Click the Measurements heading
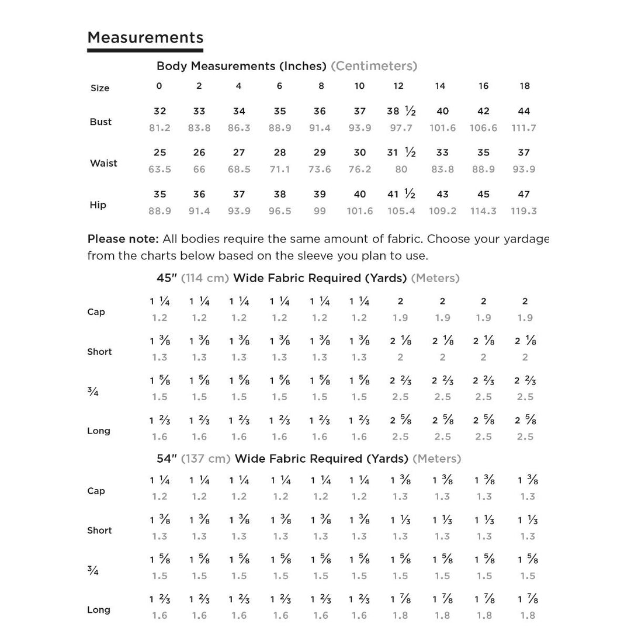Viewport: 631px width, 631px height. click(145, 38)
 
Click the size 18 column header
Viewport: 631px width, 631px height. click(525, 86)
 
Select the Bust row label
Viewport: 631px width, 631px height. click(100, 122)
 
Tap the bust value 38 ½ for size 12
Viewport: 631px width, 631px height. click(401, 111)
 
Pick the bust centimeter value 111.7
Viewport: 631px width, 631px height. click(523, 128)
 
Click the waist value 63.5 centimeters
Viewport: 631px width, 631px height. click(160, 169)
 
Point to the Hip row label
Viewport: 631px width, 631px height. click(98, 205)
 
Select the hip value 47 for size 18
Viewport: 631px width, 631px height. click(523, 194)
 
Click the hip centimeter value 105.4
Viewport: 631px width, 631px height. click(401, 211)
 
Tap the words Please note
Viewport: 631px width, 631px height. click(123, 239)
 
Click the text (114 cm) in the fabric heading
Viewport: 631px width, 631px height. click(204, 278)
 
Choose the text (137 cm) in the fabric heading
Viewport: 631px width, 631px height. click(206, 459)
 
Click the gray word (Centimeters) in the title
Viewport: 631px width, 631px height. click(374, 66)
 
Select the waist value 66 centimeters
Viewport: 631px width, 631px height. click(199, 169)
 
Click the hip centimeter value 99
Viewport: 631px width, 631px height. click(320, 211)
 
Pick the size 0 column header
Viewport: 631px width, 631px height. click(159, 86)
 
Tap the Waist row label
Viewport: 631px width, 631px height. click(103, 163)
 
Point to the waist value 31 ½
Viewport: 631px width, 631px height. click(401, 152)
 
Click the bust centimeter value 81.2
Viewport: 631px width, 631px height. click(160, 128)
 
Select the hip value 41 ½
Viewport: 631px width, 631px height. click(401, 194)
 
